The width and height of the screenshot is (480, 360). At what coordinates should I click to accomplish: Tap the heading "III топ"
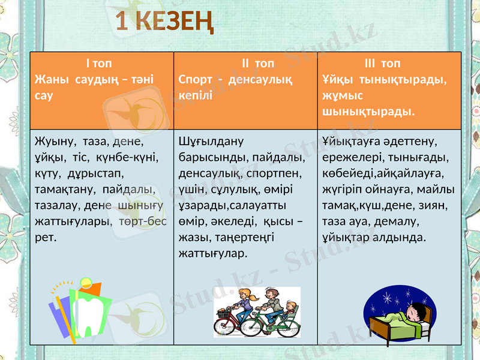point(382,64)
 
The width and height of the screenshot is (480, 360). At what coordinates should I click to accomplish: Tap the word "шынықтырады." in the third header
point(368,112)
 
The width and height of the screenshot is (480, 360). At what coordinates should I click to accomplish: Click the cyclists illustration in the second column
point(257,312)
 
